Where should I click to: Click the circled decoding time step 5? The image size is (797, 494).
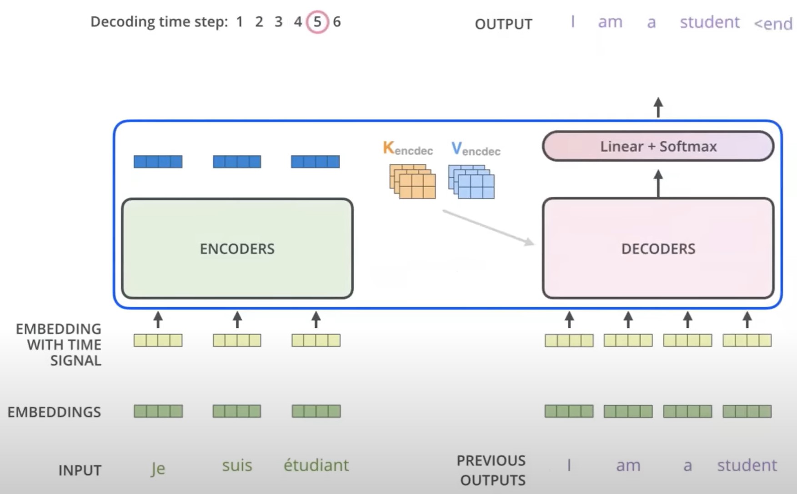click(x=317, y=22)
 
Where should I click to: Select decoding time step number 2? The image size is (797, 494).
click(x=259, y=22)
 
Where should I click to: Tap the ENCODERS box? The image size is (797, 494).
click(x=237, y=249)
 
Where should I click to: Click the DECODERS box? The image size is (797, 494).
click(x=658, y=249)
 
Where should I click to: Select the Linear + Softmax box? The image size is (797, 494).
click(x=658, y=146)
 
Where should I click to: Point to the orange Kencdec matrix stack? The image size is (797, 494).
click(x=412, y=182)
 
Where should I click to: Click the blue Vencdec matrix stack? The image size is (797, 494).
click(x=471, y=182)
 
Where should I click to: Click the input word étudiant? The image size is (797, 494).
click(x=316, y=465)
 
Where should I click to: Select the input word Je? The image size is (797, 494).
click(x=158, y=468)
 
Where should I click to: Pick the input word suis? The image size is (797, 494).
click(x=237, y=465)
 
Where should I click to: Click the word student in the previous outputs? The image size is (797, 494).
click(x=747, y=465)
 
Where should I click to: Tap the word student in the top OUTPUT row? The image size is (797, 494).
click(x=709, y=22)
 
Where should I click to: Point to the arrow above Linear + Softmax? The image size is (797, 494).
click(x=658, y=107)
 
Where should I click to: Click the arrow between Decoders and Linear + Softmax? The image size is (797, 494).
click(x=658, y=183)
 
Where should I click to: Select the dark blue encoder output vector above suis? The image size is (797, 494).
click(x=237, y=162)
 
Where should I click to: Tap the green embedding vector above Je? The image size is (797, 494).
click(x=158, y=411)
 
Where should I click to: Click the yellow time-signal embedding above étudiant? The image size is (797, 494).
click(x=316, y=340)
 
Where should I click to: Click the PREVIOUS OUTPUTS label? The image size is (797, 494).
click(x=491, y=470)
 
